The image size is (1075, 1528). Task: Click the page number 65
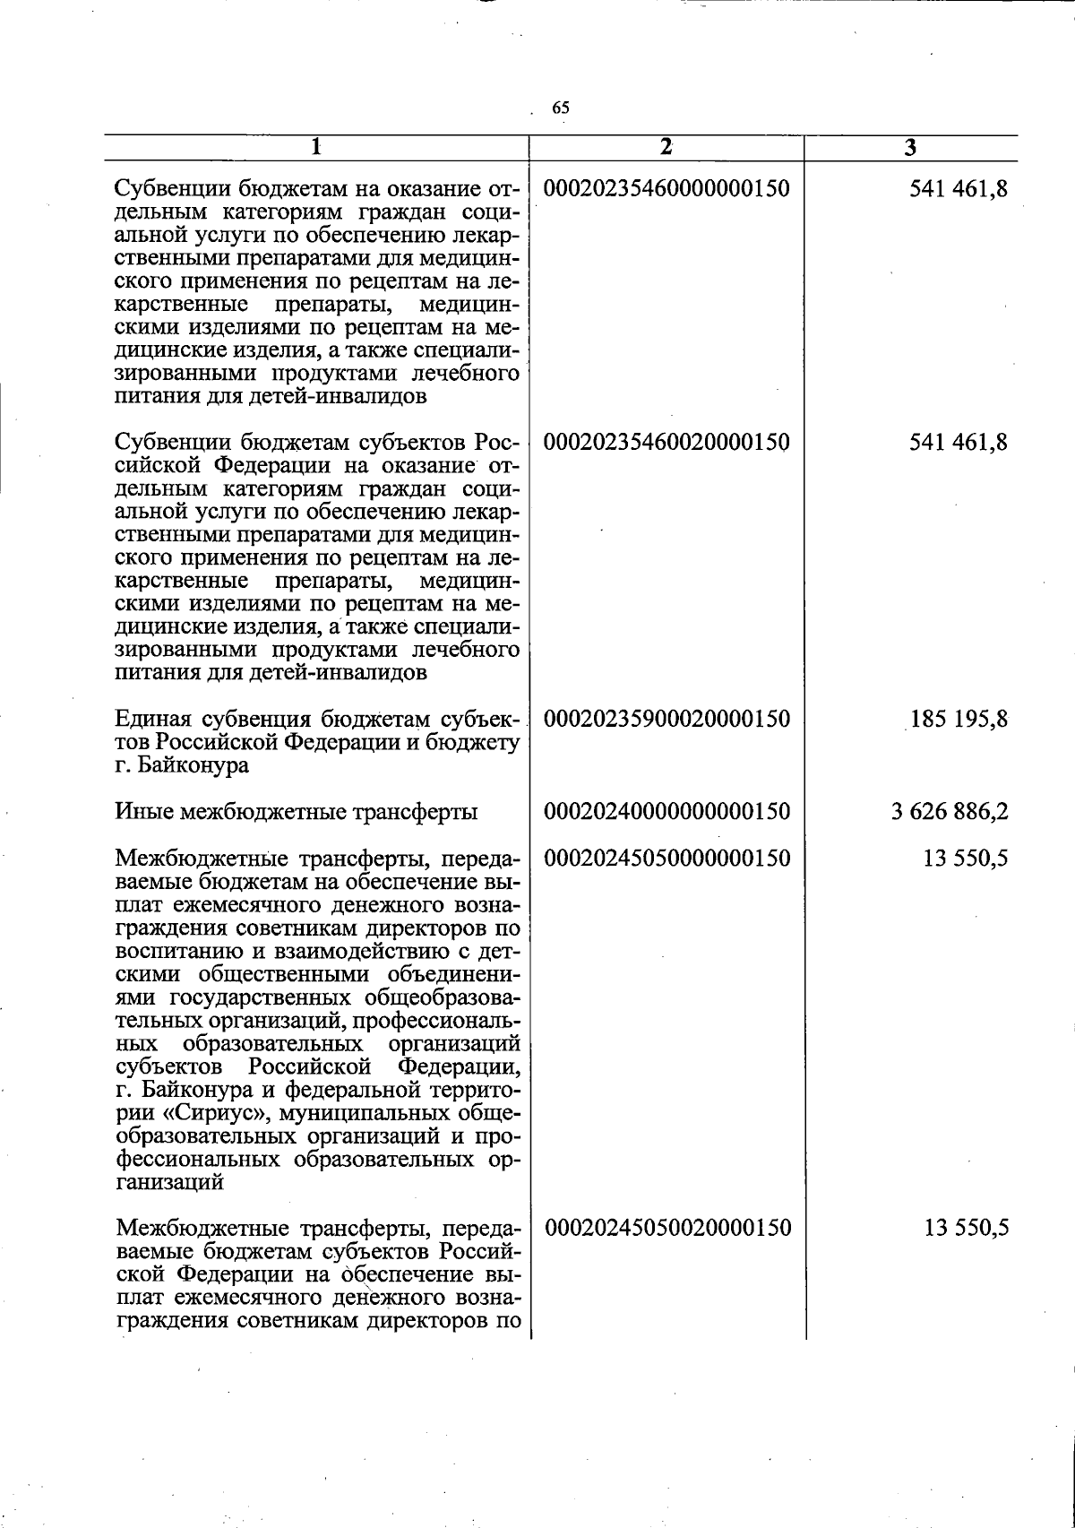[x=561, y=108]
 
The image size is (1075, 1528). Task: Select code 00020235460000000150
[x=667, y=189]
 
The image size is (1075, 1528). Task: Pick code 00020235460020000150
[x=667, y=442]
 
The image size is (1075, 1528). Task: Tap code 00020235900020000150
[x=667, y=719]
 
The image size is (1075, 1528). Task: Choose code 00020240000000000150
[x=667, y=812]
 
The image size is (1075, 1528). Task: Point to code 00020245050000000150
[x=667, y=859]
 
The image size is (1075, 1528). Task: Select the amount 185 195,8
[x=959, y=719]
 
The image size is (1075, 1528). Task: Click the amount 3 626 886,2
[x=950, y=812]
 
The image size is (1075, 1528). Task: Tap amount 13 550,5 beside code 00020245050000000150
[x=967, y=859]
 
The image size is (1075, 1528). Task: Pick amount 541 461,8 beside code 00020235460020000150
[x=959, y=442]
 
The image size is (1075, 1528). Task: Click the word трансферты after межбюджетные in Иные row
[x=417, y=812]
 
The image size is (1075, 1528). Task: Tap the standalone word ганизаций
[x=170, y=1182]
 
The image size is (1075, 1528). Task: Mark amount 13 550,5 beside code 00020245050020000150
[x=967, y=1227]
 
